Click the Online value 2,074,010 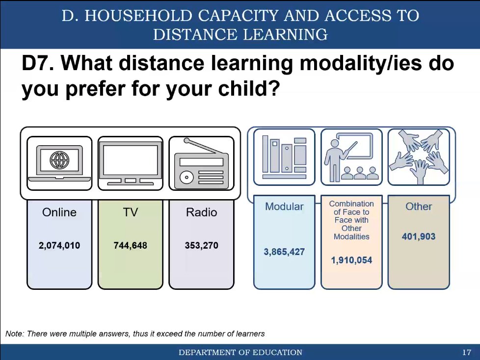(x=59, y=245)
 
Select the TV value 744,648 (x=130, y=245)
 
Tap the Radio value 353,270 (x=201, y=245)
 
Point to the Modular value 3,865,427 (x=284, y=252)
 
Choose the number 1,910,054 (x=351, y=260)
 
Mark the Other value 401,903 (x=419, y=237)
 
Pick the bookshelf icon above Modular (x=284, y=157)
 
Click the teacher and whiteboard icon (x=351, y=157)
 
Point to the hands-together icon (x=419, y=157)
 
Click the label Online (x=59, y=212)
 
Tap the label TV (x=130, y=212)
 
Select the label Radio (x=201, y=212)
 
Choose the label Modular (x=284, y=206)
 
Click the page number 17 (x=467, y=353)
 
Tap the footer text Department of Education (x=240, y=353)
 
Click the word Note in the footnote (x=14, y=334)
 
